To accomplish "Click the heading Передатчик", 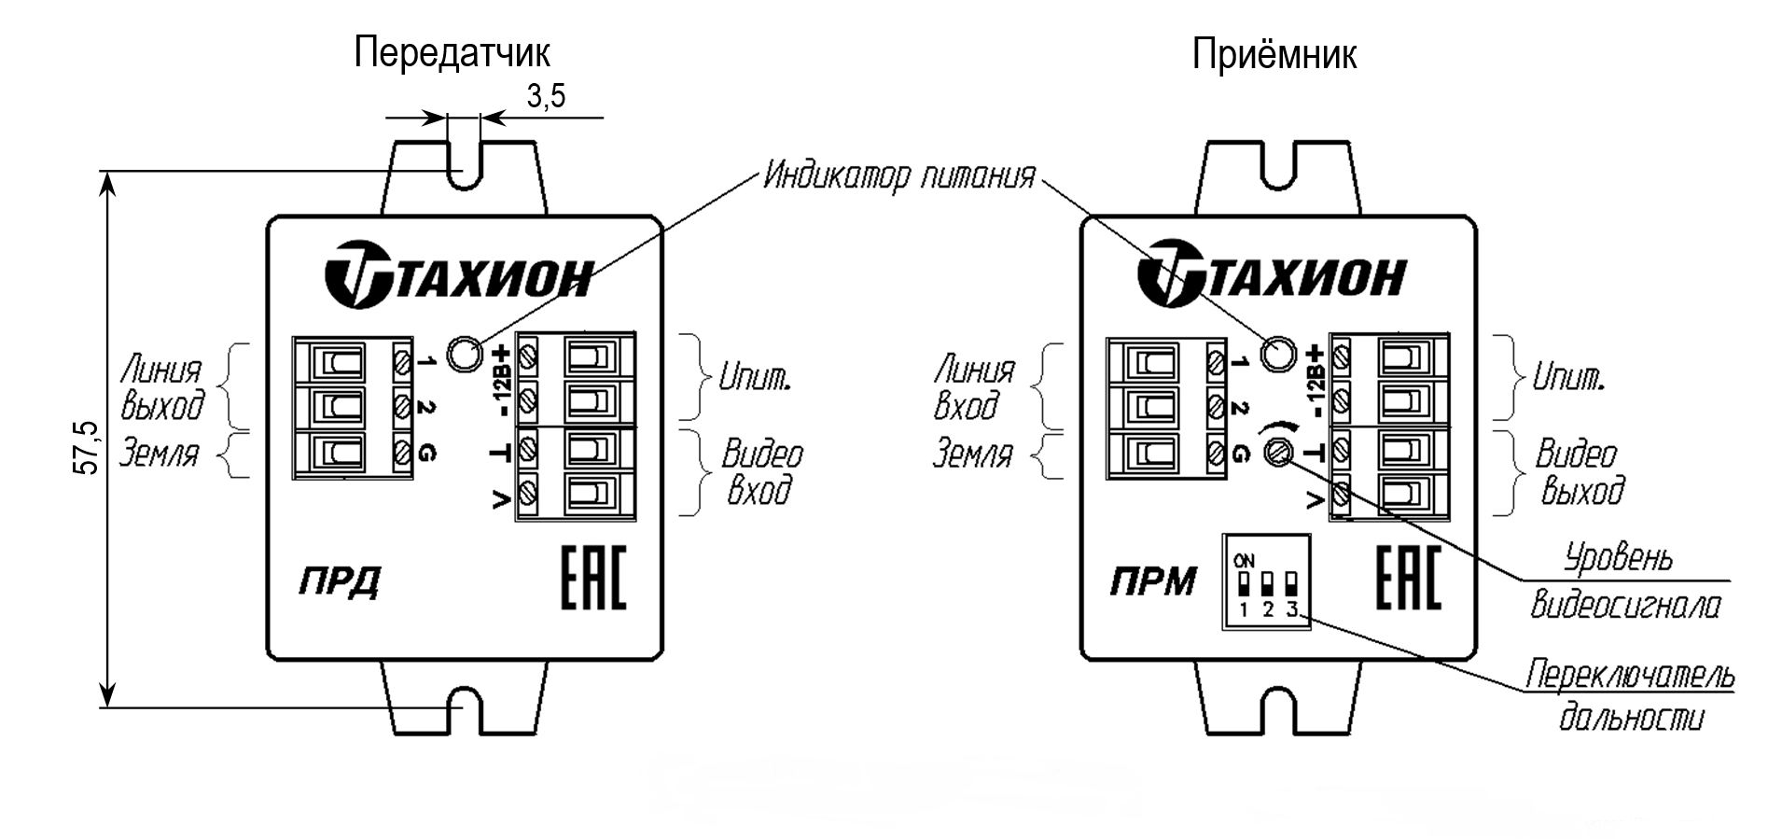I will (x=452, y=53).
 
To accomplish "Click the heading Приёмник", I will (x=1274, y=55).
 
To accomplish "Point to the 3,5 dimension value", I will (x=546, y=95).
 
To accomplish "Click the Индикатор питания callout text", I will (x=898, y=175).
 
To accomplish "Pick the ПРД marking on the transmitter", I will (x=339, y=582).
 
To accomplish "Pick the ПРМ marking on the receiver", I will (x=1152, y=582).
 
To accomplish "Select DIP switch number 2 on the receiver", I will (x=1268, y=584).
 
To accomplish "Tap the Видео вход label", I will (x=761, y=472).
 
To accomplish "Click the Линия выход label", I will (x=162, y=387).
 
